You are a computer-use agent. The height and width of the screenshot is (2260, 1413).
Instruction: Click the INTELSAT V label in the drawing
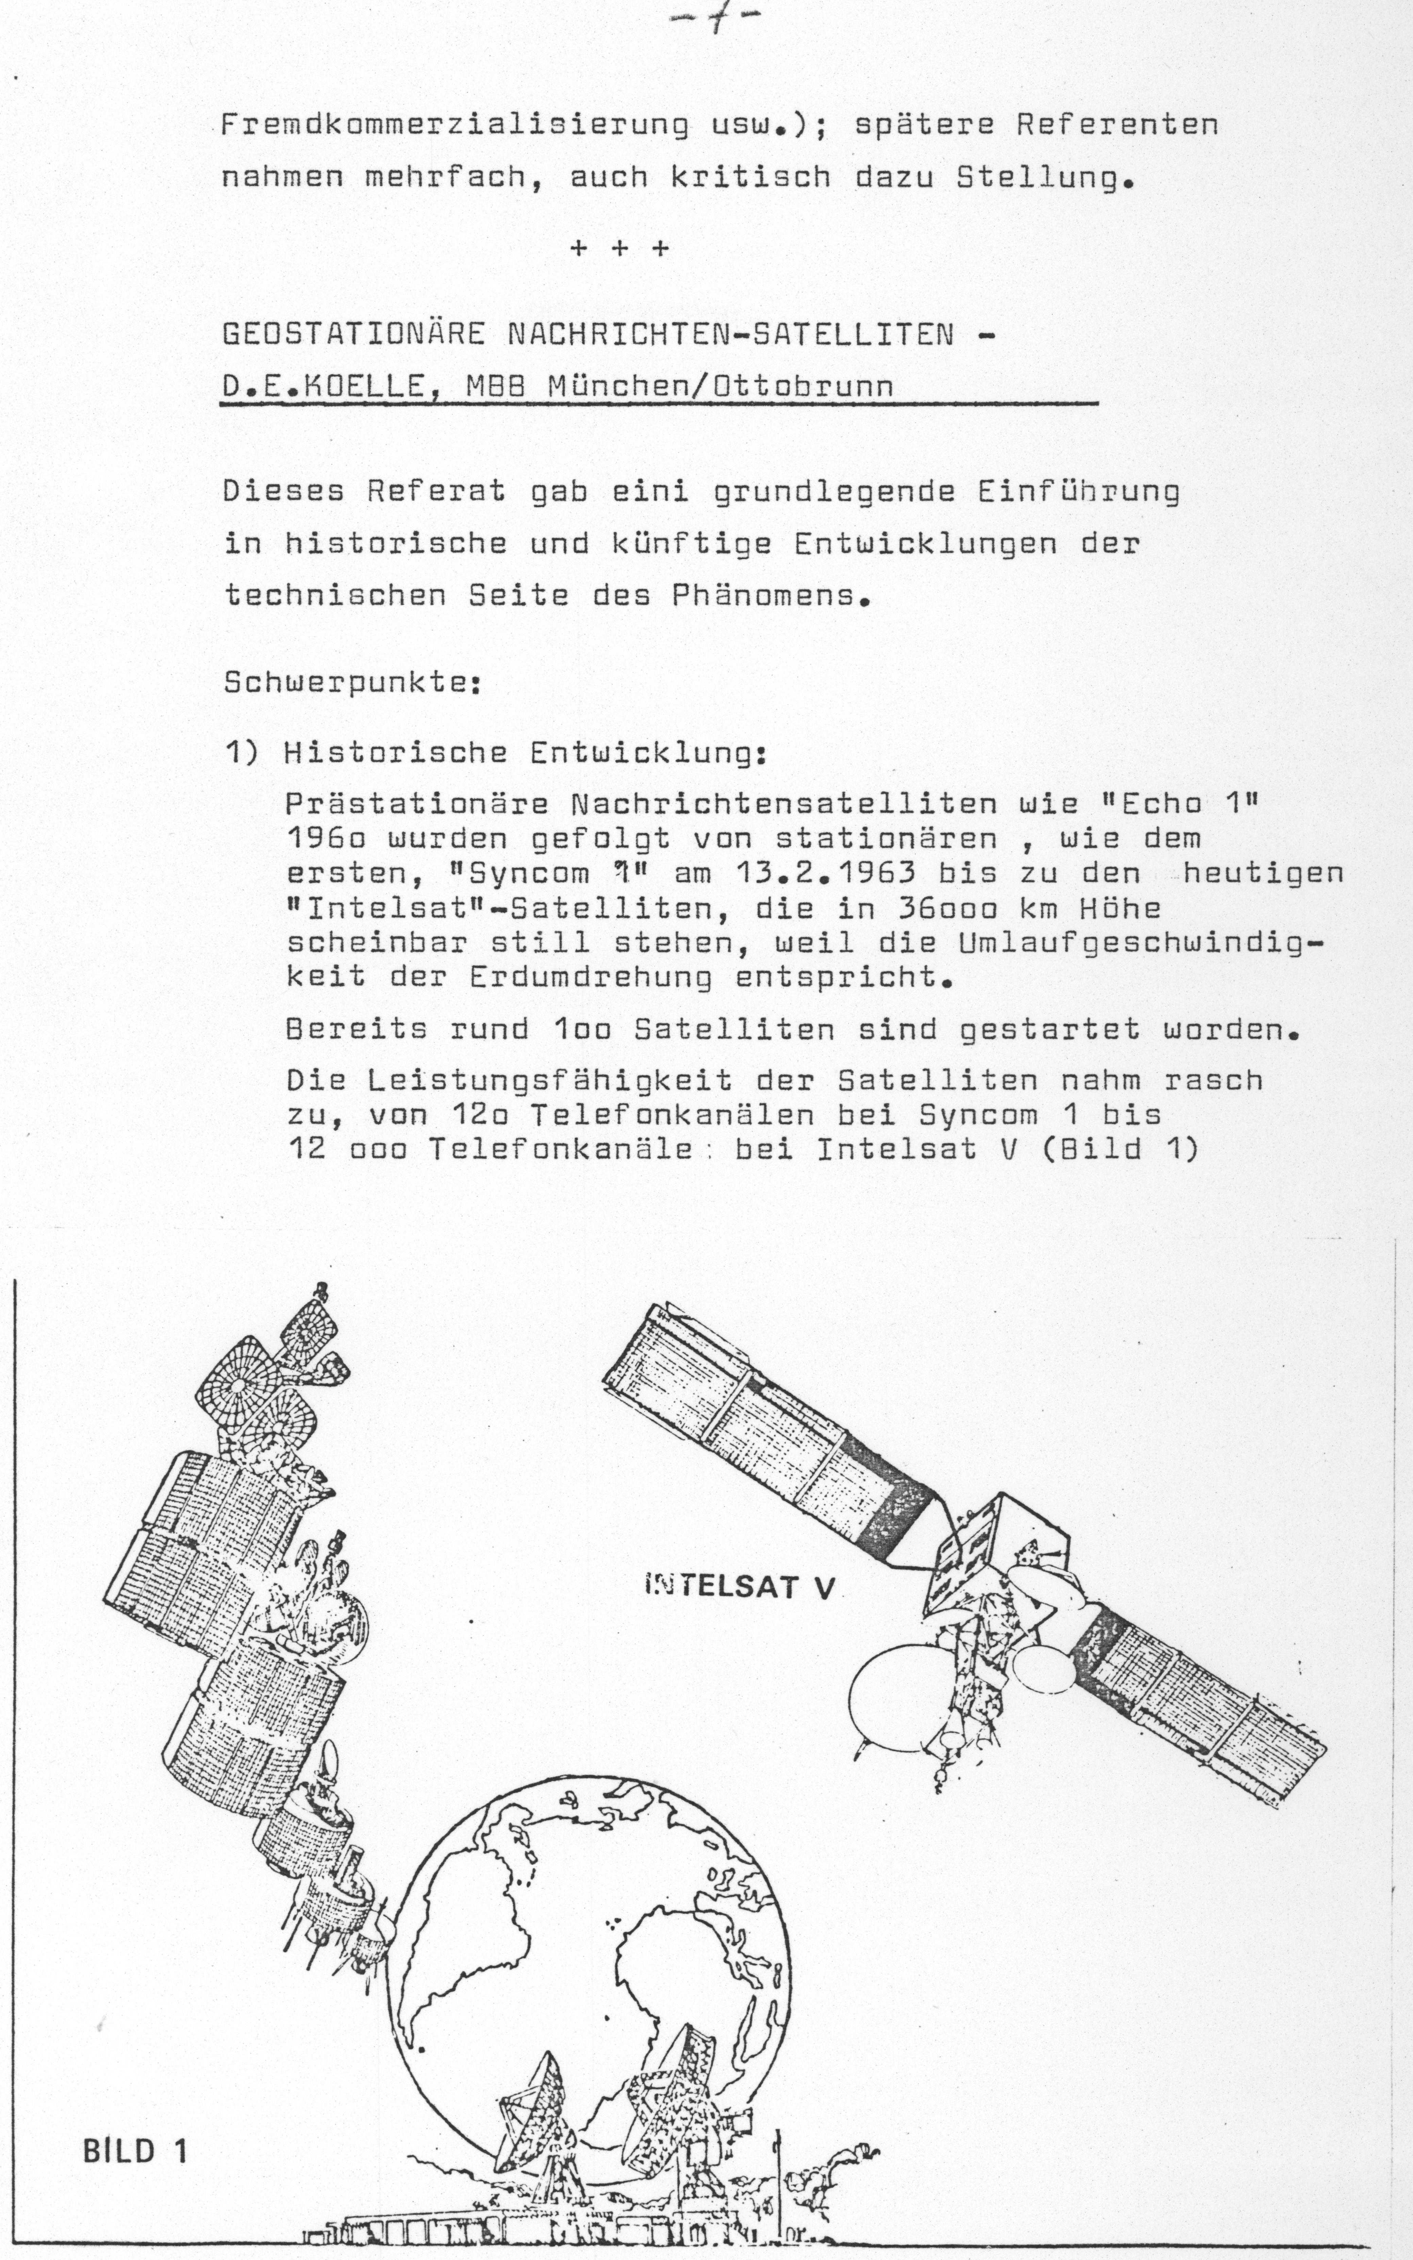tap(738, 1586)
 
